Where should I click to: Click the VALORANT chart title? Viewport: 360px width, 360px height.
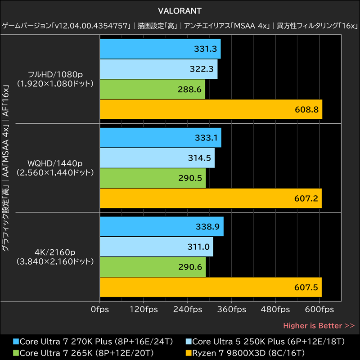pyautogui.click(x=180, y=10)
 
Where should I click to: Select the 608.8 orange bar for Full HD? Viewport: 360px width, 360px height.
pyautogui.click(x=211, y=109)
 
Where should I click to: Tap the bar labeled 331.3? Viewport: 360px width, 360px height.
pyautogui.click(x=160, y=49)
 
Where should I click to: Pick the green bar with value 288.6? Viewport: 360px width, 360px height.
pyautogui.click(x=152, y=89)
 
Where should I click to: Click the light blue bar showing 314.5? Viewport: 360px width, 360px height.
pyautogui.click(x=157, y=158)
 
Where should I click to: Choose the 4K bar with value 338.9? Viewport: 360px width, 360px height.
pyautogui.click(x=162, y=226)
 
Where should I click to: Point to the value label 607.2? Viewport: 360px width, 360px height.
pyautogui.click(x=306, y=198)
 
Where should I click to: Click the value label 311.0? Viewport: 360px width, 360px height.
pyautogui.click(x=198, y=247)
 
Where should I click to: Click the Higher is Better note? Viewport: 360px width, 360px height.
pyautogui.click(x=319, y=325)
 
